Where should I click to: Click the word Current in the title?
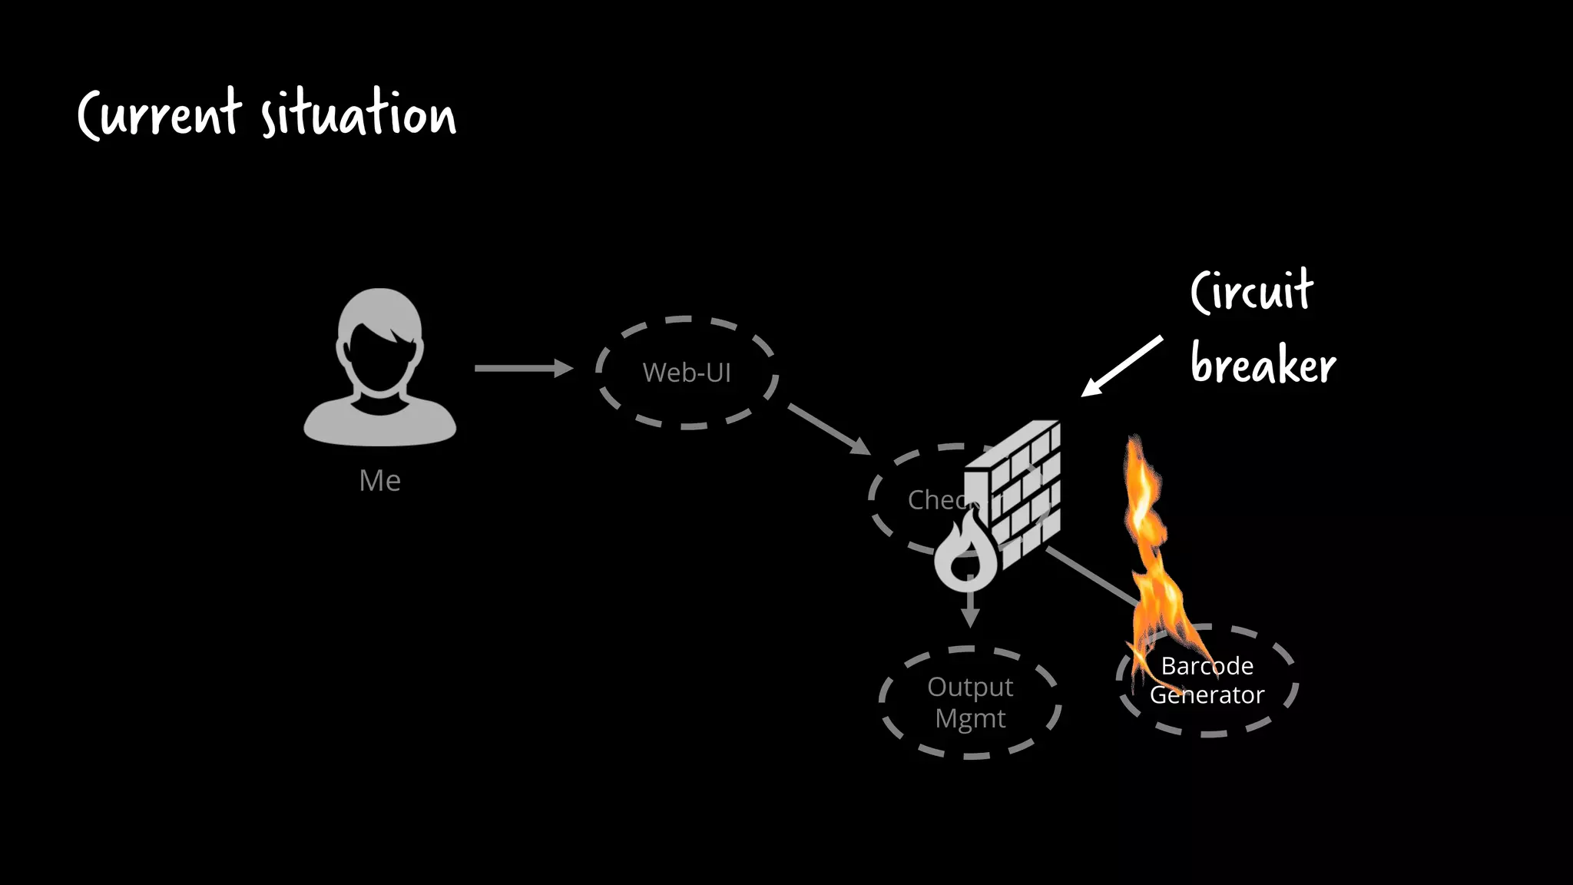(x=160, y=115)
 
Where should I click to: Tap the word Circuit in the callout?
(x=1252, y=292)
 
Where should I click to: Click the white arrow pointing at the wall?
(x=1121, y=366)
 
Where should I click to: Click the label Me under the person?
(x=379, y=481)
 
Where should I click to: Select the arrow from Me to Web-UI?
(x=522, y=369)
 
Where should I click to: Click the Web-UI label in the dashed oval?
(x=687, y=373)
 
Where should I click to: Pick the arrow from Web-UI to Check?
(x=828, y=428)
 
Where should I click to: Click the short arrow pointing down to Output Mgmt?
(x=971, y=611)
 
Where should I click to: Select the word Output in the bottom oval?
(x=970, y=687)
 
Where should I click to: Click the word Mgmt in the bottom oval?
(x=970, y=719)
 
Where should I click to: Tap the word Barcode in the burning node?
(x=1207, y=666)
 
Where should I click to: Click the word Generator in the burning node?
(x=1207, y=695)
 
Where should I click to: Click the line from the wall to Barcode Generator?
(x=1091, y=575)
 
